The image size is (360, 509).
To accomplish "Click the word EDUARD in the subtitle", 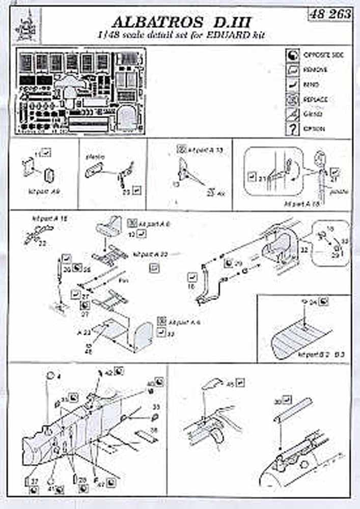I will click(x=217, y=36).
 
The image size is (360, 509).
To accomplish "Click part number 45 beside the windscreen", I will click(x=229, y=384).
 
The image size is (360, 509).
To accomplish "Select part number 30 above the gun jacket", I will click(x=278, y=402).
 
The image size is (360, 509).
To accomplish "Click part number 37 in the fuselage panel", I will click(x=34, y=481).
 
